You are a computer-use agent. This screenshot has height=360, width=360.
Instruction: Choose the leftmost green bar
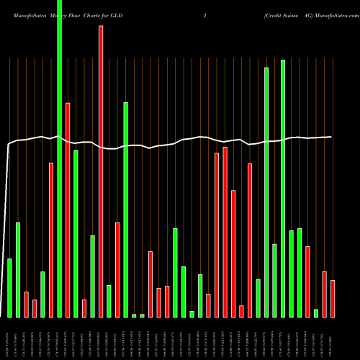pyautogui.click(x=9, y=288)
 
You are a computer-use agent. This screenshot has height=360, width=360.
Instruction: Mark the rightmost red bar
pyautogui.click(x=333, y=299)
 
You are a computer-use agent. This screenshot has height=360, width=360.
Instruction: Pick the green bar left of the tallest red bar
pyautogui.click(x=92, y=276)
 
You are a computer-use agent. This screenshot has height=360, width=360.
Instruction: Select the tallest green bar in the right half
pyautogui.click(x=283, y=189)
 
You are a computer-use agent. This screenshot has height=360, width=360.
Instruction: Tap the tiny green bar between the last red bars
pyautogui.click(x=316, y=313)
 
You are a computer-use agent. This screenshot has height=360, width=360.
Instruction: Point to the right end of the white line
pyautogui.click(x=332, y=137)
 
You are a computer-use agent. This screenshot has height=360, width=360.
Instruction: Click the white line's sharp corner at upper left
pyautogui.click(x=9, y=145)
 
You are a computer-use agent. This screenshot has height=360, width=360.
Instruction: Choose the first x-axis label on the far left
pyautogui.click(x=9, y=338)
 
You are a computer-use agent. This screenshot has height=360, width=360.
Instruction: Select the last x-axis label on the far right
pyautogui.click(x=333, y=338)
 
